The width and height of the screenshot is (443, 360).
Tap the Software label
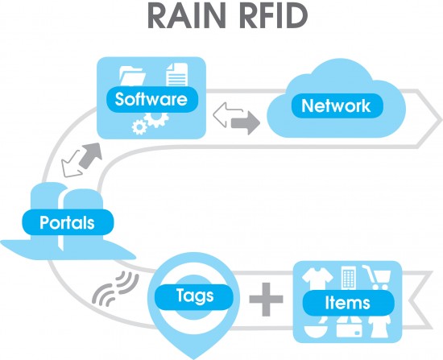151,100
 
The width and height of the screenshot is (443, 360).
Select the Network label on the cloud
335,106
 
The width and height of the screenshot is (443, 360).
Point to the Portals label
67,221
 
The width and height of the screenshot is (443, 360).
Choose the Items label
347,303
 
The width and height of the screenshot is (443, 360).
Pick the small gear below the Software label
139,127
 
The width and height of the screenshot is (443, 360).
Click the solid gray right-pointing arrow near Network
246,124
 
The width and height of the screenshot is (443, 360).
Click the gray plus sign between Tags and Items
267,302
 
